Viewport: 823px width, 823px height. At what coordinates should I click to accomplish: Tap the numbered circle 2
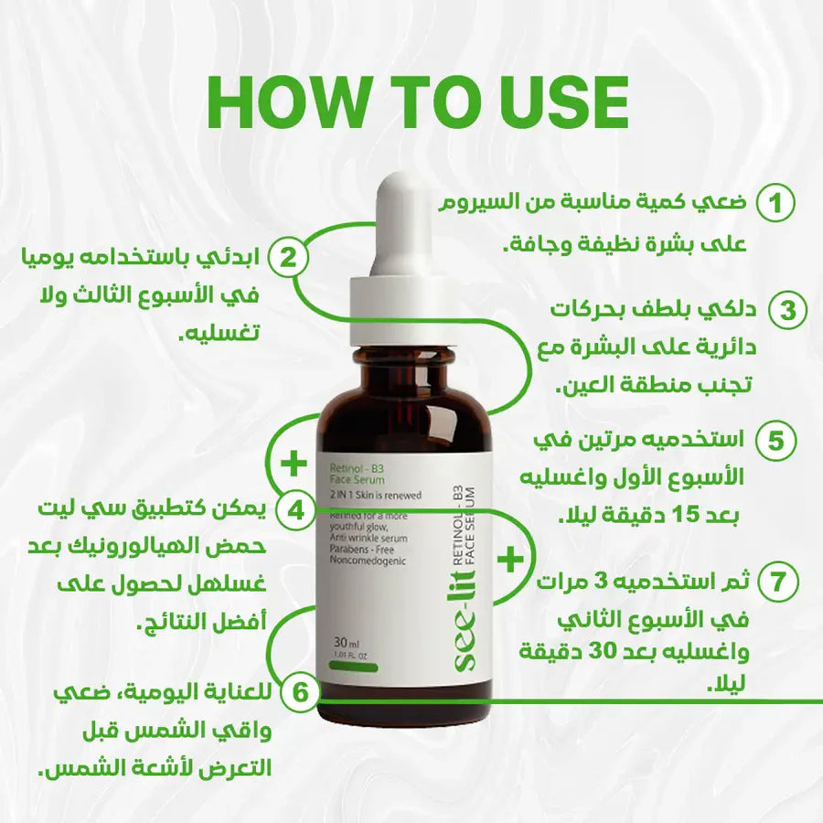click(x=287, y=258)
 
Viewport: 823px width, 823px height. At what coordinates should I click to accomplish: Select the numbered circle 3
click(x=786, y=311)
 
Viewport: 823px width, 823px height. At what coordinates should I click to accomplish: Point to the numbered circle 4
click(x=294, y=508)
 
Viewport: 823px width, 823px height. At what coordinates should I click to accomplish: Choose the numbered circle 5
click(x=775, y=441)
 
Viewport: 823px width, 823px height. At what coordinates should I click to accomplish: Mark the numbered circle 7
click(x=777, y=581)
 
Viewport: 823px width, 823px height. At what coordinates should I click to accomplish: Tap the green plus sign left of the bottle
click(x=294, y=464)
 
